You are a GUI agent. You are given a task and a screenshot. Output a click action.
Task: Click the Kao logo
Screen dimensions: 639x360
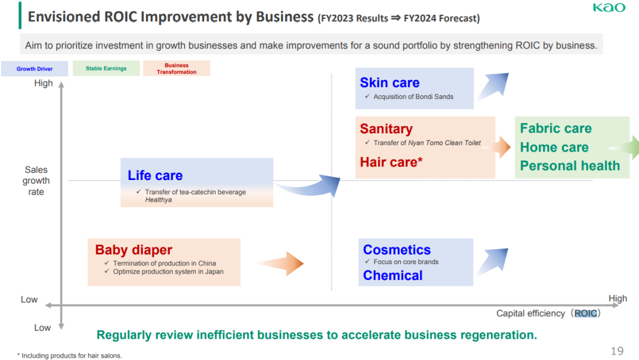(609, 7)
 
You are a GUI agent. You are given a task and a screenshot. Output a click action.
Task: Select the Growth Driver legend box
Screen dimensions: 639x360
(35, 69)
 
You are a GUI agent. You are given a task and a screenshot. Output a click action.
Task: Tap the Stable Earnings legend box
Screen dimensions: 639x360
(106, 68)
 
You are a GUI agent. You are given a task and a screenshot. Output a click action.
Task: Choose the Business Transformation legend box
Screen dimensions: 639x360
(176, 68)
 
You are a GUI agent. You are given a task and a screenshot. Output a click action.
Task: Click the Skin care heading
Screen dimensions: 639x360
(389, 83)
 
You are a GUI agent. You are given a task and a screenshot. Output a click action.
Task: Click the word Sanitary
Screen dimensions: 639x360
(386, 129)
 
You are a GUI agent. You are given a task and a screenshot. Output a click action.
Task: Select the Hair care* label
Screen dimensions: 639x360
(391, 162)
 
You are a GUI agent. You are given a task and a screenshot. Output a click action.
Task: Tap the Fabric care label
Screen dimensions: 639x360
(556, 128)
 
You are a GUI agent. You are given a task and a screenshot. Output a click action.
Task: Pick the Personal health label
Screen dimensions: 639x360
(570, 166)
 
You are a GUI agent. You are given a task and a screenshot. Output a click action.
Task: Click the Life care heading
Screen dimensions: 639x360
(155, 175)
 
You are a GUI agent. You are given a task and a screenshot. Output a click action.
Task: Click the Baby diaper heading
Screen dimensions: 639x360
(134, 249)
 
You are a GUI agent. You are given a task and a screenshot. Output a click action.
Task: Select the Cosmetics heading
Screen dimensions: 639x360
(397, 249)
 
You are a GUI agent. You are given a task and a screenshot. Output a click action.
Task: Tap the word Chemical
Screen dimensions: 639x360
(393, 275)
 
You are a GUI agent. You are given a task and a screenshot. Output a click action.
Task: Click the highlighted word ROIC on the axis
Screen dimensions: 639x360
(586, 313)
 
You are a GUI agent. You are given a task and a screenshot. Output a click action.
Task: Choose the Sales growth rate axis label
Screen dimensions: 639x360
(36, 181)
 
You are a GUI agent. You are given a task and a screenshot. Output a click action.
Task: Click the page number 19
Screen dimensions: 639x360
(617, 351)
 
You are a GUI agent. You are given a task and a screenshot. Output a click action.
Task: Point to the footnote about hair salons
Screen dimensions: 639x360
(70, 355)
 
